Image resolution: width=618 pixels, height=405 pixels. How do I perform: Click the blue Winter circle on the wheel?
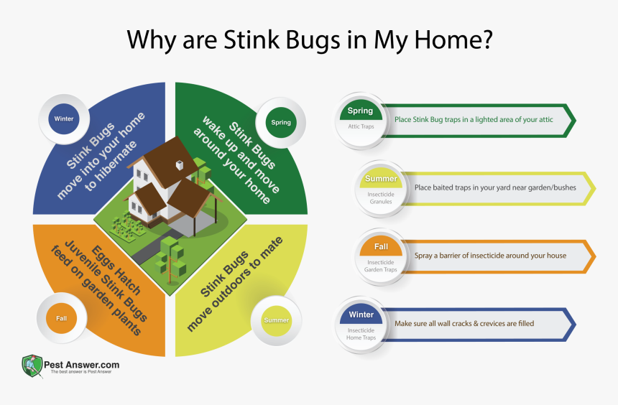click(63, 118)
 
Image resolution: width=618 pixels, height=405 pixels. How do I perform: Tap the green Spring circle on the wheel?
click(280, 122)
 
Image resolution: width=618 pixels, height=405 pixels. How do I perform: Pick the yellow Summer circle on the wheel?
click(276, 320)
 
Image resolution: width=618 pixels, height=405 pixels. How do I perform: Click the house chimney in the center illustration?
click(179, 165)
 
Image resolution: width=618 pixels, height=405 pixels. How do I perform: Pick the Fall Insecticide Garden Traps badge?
click(381, 255)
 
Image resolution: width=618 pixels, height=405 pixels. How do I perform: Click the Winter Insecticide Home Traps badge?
click(361, 323)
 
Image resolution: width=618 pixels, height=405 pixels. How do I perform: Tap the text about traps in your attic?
click(474, 120)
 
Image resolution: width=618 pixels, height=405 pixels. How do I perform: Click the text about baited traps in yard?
click(495, 187)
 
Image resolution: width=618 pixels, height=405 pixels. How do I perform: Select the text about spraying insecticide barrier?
click(490, 256)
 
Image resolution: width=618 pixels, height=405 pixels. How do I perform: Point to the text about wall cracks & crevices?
click(464, 324)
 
